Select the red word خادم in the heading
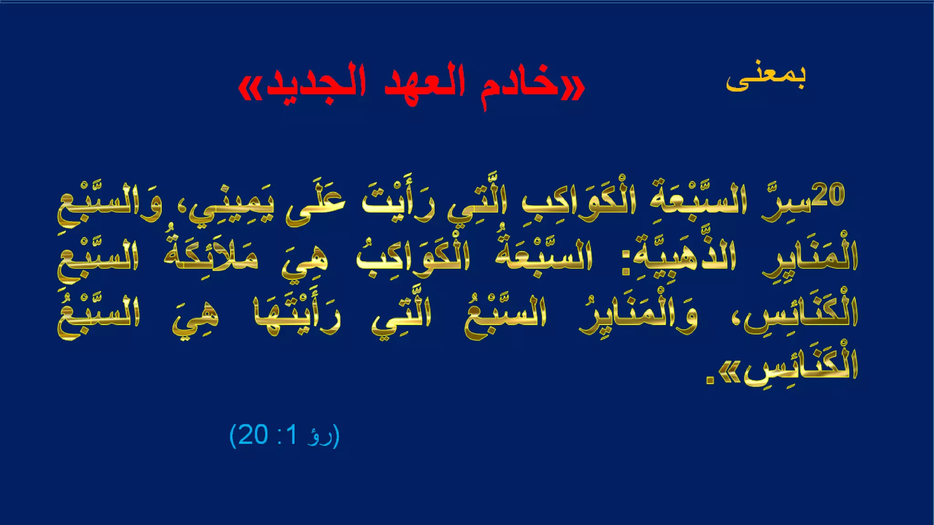520,85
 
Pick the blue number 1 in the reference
292,435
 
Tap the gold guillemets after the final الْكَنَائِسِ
730,374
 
